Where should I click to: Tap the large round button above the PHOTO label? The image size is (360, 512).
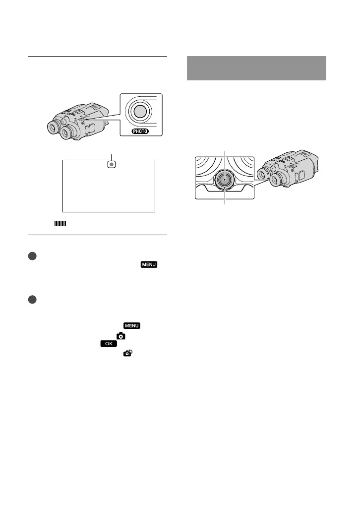coord(140,111)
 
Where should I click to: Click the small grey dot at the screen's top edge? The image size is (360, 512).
coord(112,164)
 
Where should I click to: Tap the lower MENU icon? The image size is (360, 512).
coord(131,326)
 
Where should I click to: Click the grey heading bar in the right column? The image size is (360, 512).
coord(257,68)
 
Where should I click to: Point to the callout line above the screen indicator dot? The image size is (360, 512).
coord(112,156)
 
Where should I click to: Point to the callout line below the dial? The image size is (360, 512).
coord(225,197)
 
